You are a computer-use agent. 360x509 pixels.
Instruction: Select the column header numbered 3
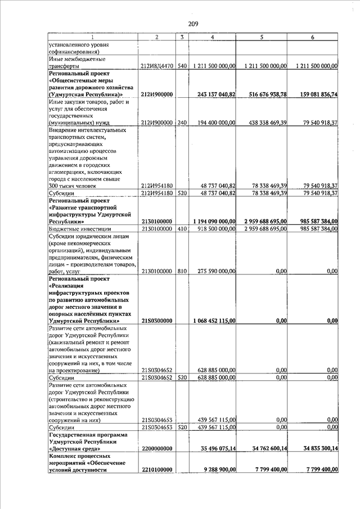coord(182,37)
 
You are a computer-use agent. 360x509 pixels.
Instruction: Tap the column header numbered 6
coord(312,37)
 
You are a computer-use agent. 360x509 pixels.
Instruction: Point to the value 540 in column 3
coord(182,66)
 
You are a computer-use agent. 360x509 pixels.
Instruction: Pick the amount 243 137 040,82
coord(213,94)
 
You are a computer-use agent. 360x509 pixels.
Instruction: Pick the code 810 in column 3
coord(182,271)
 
